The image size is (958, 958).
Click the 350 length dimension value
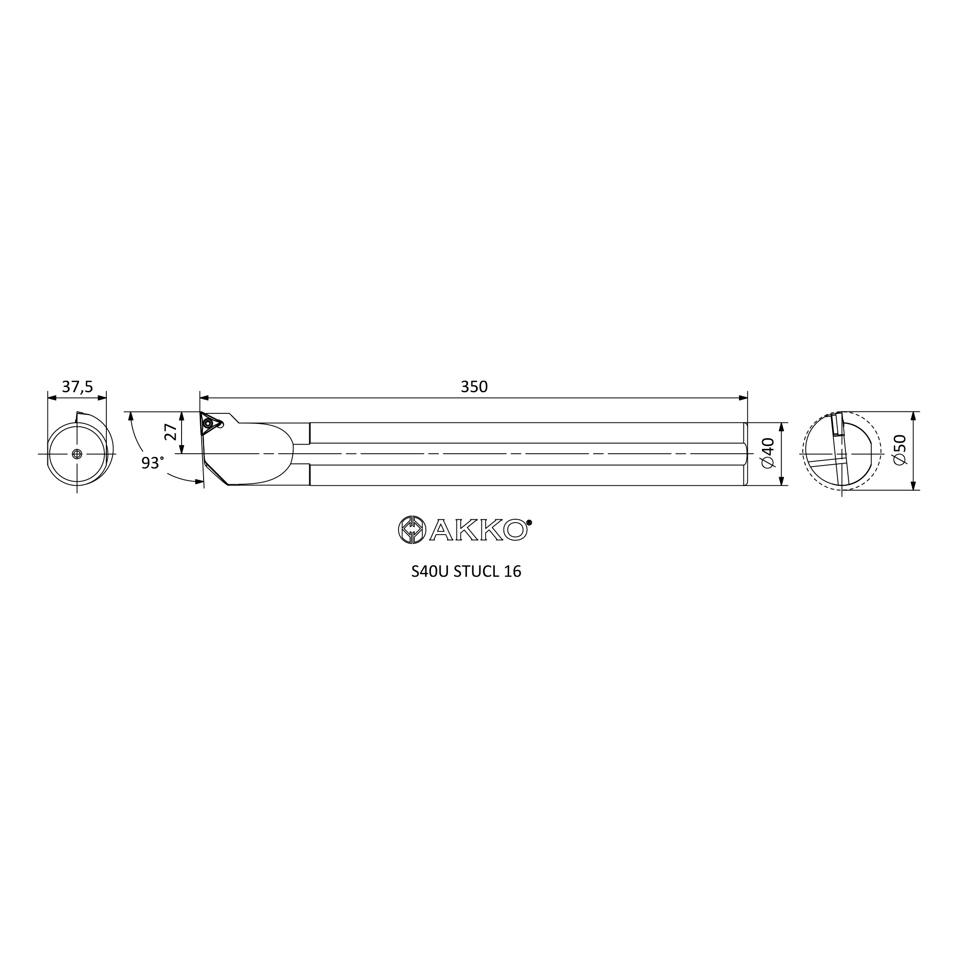tap(474, 387)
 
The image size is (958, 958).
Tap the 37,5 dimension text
tap(77, 387)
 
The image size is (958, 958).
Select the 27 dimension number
tap(171, 432)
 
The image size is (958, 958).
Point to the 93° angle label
tap(152, 463)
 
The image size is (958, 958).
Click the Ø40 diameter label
tap(767, 453)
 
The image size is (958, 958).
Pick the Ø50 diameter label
tap(900, 450)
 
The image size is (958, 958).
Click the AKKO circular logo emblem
tap(412, 530)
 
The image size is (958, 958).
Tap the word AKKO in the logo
tap(478, 530)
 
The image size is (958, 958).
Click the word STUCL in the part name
tap(476, 572)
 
